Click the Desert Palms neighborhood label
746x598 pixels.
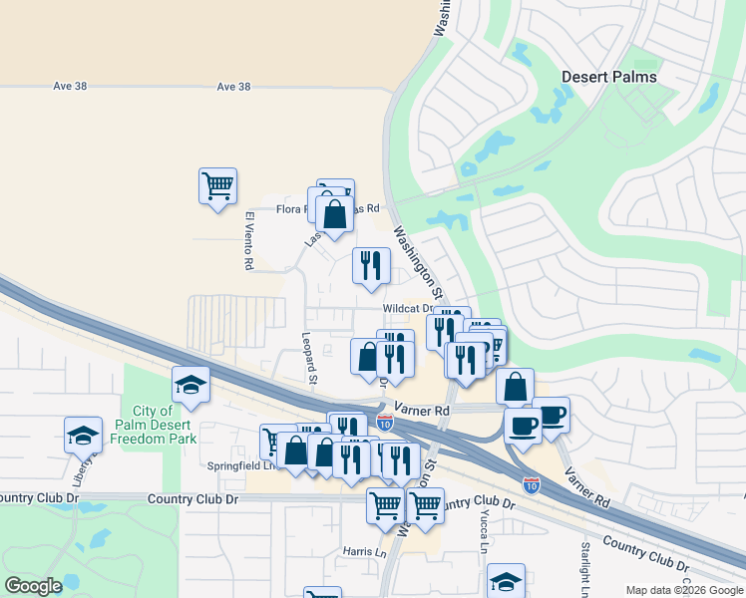pyautogui.click(x=608, y=77)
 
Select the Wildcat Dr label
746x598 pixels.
pyautogui.click(x=405, y=309)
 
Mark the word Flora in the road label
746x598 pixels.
pyautogui.click(x=290, y=209)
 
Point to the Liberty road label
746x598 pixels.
pyautogui.click(x=91, y=464)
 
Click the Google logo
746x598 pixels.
pyautogui.click(x=33, y=586)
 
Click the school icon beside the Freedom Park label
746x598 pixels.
pyautogui.click(x=190, y=384)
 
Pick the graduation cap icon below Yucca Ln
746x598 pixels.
pyautogui.click(x=506, y=582)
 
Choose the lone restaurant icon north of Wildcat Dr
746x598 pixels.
pyautogui.click(x=371, y=265)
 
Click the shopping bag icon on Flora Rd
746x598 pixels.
pyautogui.click(x=335, y=213)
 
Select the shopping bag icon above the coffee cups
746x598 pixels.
pyautogui.click(x=515, y=387)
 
